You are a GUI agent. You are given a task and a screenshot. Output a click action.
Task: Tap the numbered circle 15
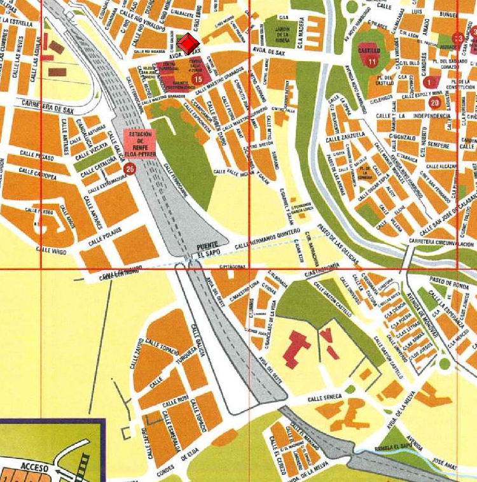coord(197,79)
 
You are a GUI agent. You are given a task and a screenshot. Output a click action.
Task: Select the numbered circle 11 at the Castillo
coord(372,61)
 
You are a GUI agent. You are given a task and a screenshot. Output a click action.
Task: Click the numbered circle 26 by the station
coord(130,169)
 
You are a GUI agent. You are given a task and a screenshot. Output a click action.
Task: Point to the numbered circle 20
coord(435,103)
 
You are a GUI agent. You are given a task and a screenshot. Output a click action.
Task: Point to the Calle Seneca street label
coord(324,397)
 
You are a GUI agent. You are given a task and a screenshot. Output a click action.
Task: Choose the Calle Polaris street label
coord(104,241)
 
